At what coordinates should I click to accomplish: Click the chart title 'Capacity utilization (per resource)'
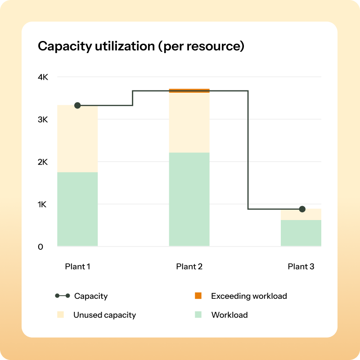pyautogui.click(x=141, y=46)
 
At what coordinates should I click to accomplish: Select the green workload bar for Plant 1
pyautogui.click(x=77, y=209)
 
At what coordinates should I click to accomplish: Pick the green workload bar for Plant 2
pyautogui.click(x=189, y=199)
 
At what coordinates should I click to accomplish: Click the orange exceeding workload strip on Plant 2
pyautogui.click(x=189, y=90)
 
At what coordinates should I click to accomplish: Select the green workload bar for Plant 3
pyautogui.click(x=301, y=233)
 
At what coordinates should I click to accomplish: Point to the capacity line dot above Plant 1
pyautogui.click(x=77, y=105)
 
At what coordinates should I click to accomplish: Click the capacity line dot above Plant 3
pyautogui.click(x=302, y=209)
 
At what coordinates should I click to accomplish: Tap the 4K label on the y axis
pyautogui.click(x=43, y=77)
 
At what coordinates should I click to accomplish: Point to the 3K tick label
pyautogui.click(x=43, y=120)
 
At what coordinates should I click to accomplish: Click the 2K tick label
pyautogui.click(x=43, y=162)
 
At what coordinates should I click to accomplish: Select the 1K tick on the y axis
pyautogui.click(x=43, y=204)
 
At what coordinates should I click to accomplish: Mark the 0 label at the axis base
pyautogui.click(x=40, y=247)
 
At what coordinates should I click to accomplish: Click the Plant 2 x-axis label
pyautogui.click(x=189, y=266)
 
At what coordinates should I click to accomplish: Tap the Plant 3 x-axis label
pyautogui.click(x=301, y=266)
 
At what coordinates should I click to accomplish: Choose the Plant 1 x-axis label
pyautogui.click(x=77, y=266)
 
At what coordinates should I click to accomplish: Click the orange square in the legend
pyautogui.click(x=198, y=296)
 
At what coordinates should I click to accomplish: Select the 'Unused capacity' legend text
pyautogui.click(x=104, y=315)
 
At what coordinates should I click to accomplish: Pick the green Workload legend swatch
pyautogui.click(x=198, y=315)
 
